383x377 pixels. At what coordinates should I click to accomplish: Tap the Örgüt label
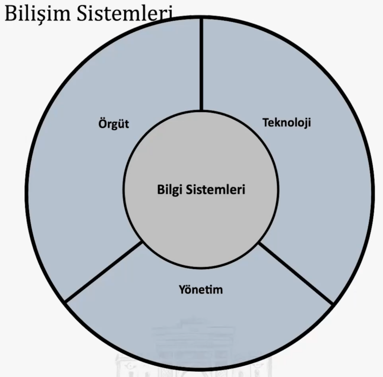pyautogui.click(x=114, y=124)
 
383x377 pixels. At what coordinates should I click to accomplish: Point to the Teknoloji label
pyautogui.click(x=287, y=123)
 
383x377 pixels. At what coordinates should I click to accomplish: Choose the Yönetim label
pyautogui.click(x=200, y=289)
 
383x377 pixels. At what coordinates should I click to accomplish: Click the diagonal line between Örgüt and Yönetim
pyautogui.click(x=104, y=271)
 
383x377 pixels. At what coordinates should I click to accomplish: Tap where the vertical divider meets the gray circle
pyautogui.click(x=202, y=111)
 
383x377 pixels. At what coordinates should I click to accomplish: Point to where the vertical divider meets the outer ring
pyautogui.click(x=202, y=19)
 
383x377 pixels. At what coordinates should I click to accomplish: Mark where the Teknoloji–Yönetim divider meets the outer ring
pyautogui.click(x=332, y=303)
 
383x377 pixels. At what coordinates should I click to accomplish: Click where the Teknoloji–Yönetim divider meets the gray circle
pyautogui.click(x=259, y=244)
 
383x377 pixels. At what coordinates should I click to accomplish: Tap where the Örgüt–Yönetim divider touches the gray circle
pyautogui.click(x=142, y=242)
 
